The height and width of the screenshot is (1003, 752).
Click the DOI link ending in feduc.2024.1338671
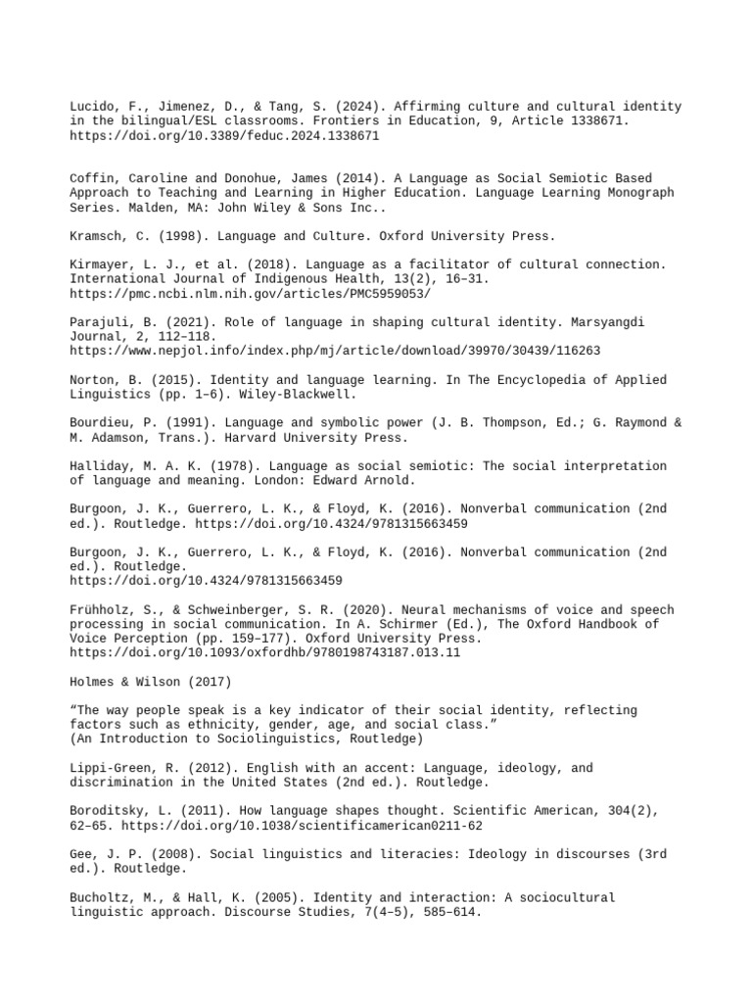coord(224,136)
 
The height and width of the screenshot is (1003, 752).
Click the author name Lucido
coord(94,106)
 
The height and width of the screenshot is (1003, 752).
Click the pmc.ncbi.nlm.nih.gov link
coord(250,294)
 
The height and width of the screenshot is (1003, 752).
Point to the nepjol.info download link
coord(335,351)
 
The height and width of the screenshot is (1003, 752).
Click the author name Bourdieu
coord(102,422)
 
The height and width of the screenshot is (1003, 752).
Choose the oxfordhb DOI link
coord(265,651)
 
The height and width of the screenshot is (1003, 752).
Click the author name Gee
coord(81,853)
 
